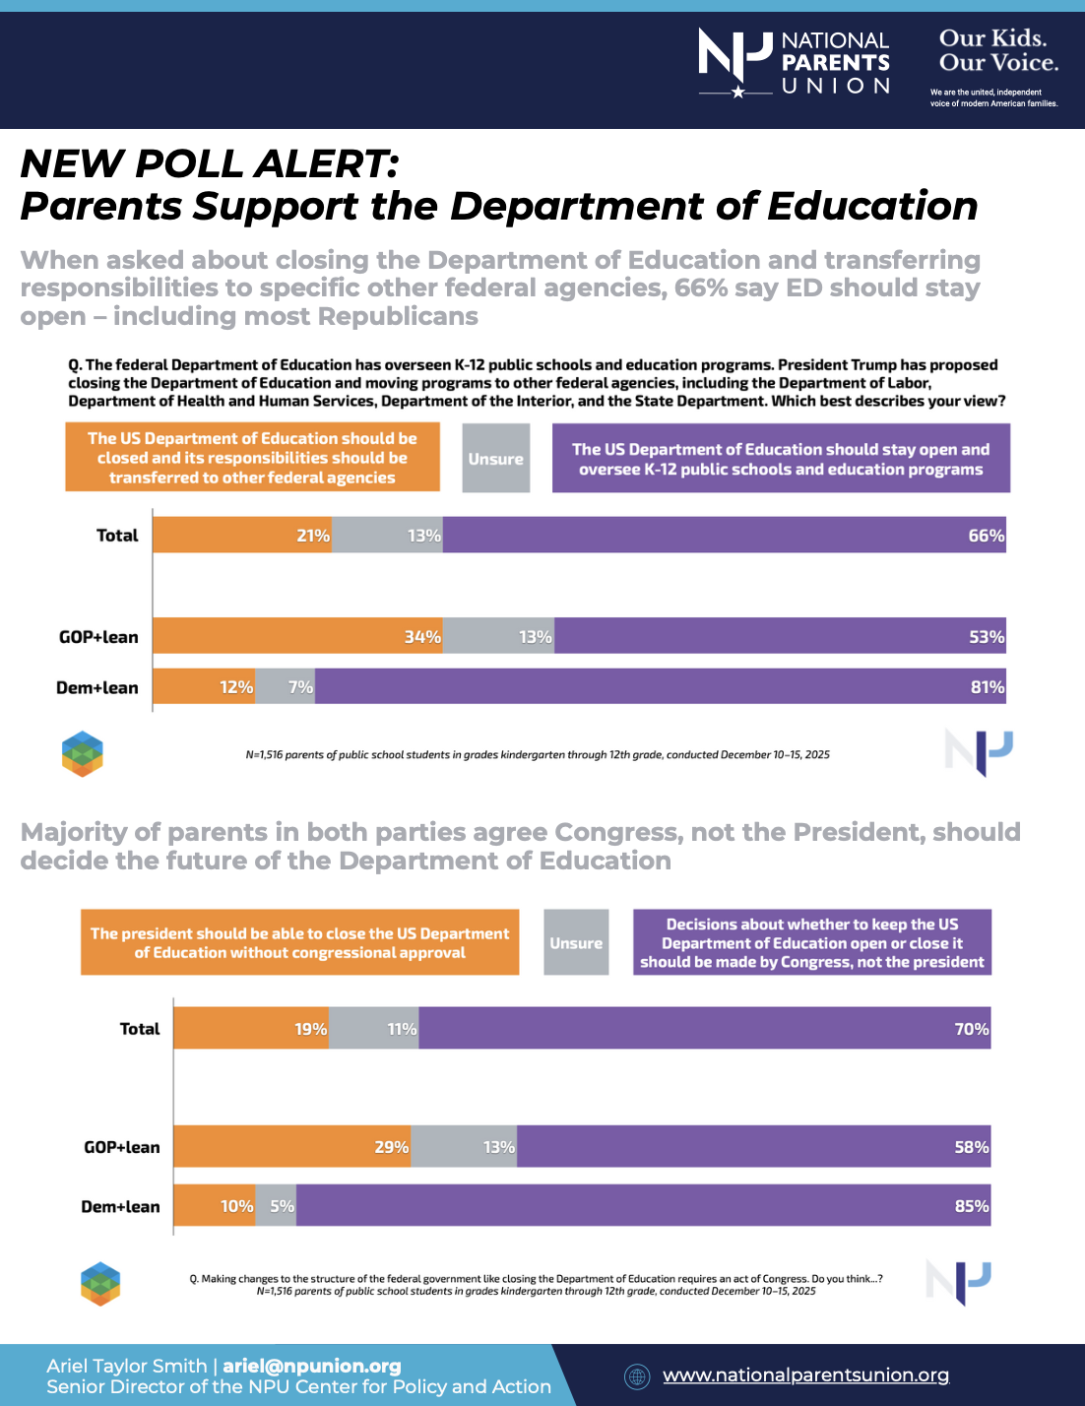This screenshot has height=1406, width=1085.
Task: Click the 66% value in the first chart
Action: point(986,536)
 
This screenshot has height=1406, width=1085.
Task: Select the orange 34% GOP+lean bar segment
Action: point(297,637)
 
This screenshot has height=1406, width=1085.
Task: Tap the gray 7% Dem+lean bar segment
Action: point(286,687)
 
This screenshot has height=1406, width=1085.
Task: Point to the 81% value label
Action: point(988,687)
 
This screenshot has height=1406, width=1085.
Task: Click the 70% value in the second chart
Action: point(971,1029)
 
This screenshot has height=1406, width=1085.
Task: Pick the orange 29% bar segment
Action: point(291,1147)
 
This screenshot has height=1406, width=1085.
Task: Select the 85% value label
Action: point(972,1206)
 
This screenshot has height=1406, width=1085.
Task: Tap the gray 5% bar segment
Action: point(277,1206)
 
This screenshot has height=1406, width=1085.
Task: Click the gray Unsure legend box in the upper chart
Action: point(496,459)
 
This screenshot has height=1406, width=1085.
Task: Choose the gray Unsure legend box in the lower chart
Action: point(576,943)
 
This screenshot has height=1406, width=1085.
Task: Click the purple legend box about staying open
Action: point(781,459)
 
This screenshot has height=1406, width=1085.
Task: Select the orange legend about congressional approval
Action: point(299,943)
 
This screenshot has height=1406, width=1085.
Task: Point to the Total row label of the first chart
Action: point(117,536)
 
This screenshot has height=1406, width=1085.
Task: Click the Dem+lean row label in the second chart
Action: point(120,1206)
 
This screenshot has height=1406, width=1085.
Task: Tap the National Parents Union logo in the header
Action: point(794,63)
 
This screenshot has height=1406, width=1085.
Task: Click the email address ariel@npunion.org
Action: point(312,1366)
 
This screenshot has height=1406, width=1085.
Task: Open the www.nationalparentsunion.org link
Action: point(805,1375)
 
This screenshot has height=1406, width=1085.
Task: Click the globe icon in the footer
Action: point(637,1376)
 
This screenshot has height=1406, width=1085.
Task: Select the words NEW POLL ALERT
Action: point(209,163)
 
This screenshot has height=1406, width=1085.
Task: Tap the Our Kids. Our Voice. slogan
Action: point(998,51)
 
